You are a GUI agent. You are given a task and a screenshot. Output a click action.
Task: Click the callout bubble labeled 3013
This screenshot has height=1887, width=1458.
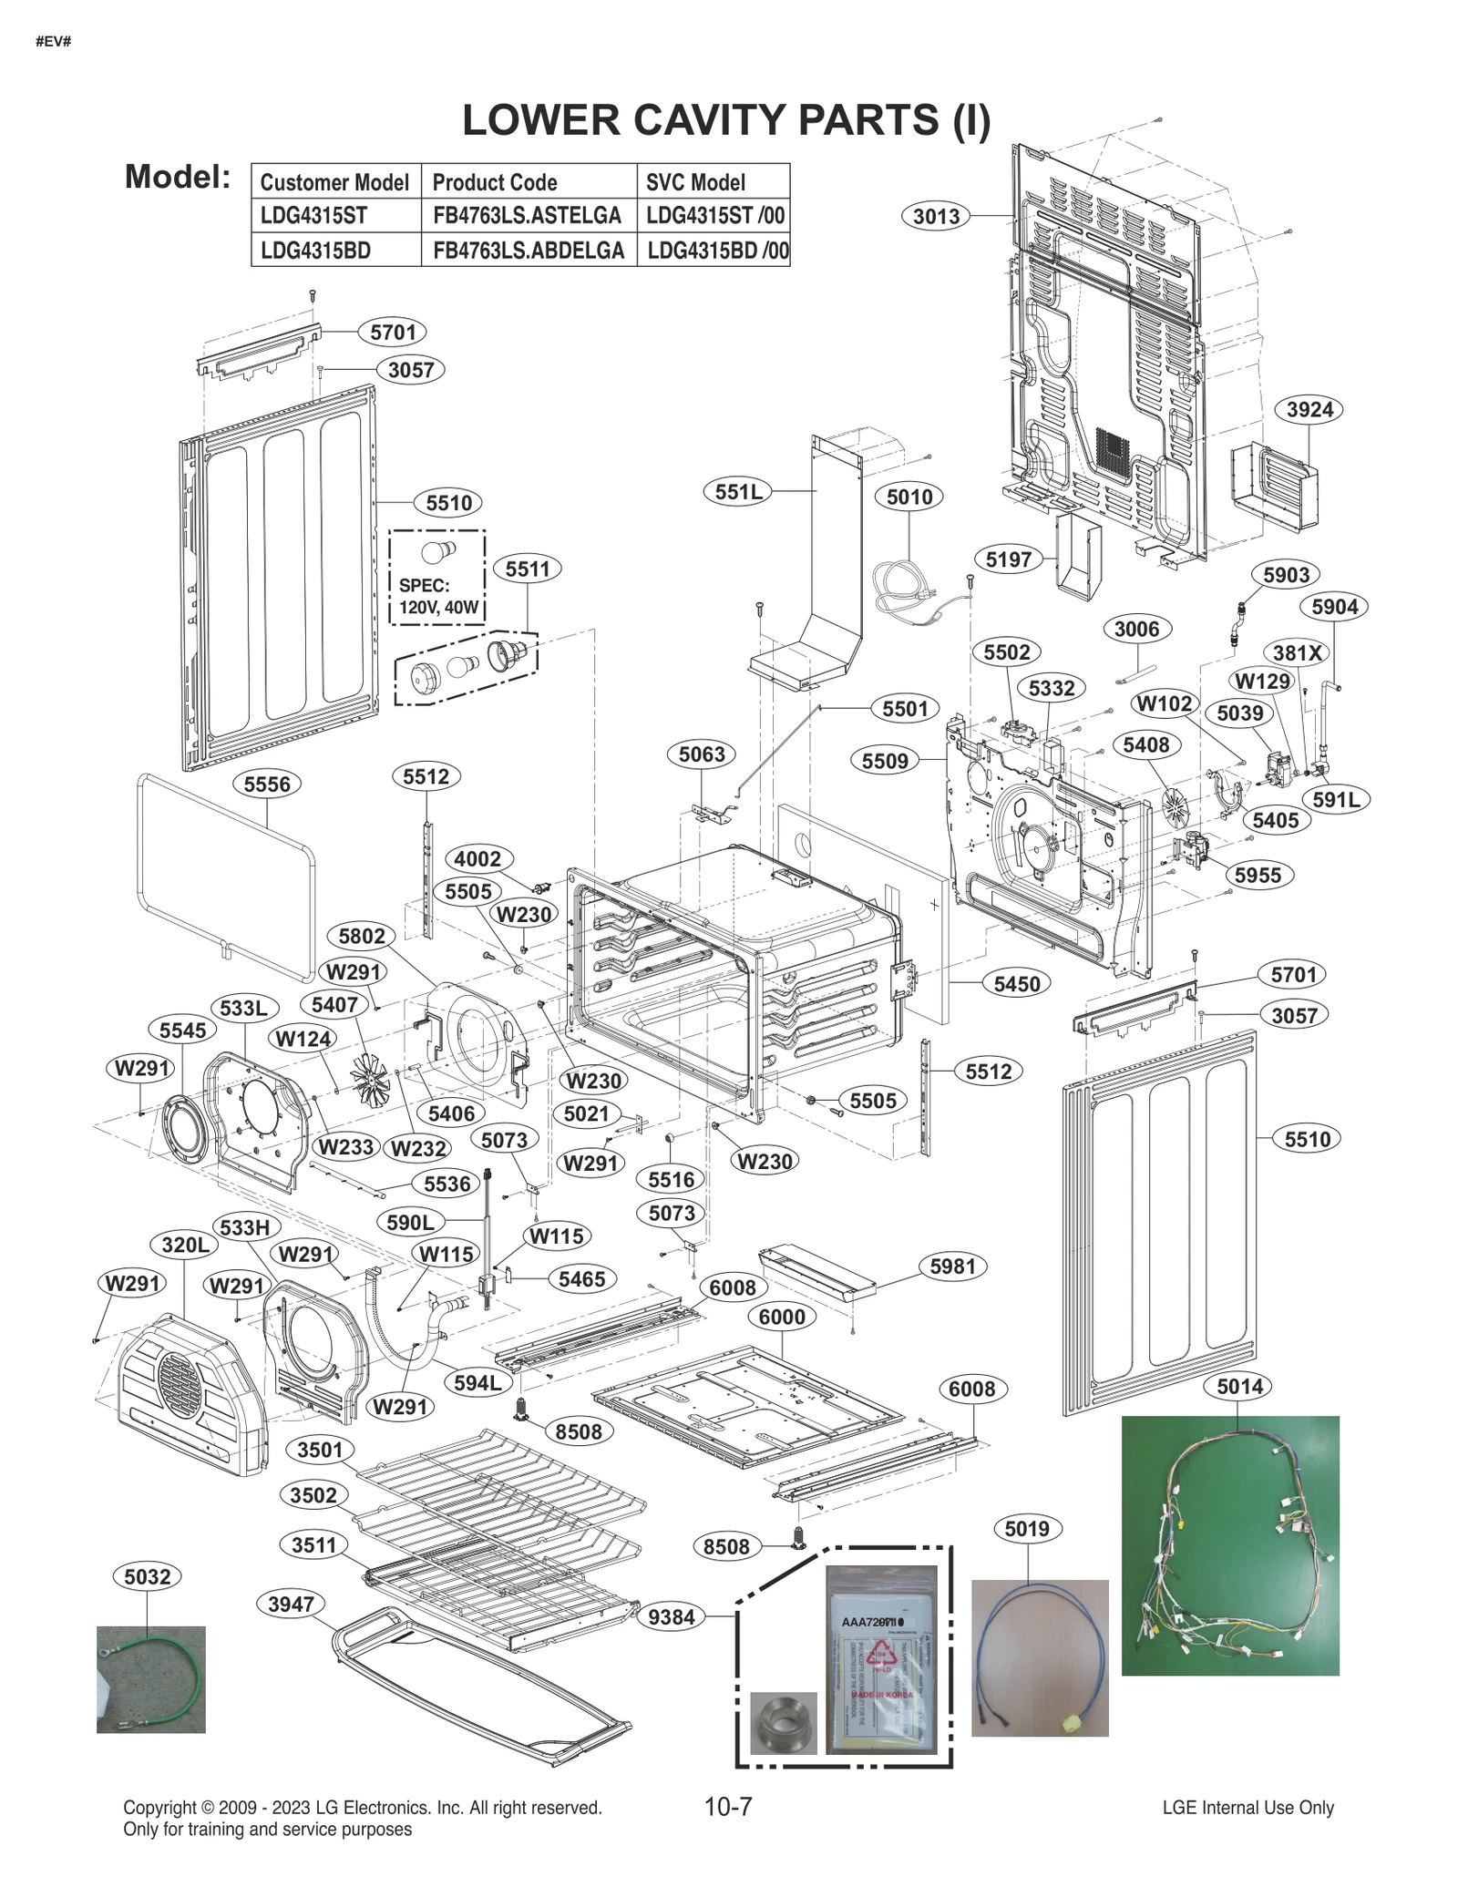[x=937, y=216]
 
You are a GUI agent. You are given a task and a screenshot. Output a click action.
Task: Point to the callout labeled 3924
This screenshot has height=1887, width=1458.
[x=1309, y=409]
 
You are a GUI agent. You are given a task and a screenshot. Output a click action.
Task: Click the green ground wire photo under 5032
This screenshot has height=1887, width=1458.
[x=150, y=1678]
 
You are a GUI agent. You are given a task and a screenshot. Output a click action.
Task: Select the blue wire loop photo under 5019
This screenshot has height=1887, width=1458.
[x=1039, y=1656]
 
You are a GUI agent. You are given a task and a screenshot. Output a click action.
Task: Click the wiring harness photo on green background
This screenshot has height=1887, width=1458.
[x=1229, y=1544]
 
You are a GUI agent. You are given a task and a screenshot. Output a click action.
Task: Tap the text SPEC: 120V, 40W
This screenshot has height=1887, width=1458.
[x=437, y=596]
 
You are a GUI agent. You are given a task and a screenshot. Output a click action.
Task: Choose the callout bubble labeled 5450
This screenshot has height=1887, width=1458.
[x=1016, y=983]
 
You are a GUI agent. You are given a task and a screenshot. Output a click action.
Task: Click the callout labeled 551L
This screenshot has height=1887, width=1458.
[x=737, y=492]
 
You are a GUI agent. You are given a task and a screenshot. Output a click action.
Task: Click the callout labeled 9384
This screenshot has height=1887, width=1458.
[x=672, y=1616]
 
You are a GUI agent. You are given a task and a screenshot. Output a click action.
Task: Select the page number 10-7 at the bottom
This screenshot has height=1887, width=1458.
[x=728, y=1806]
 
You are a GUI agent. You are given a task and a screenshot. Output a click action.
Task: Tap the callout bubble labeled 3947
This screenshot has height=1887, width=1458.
[x=291, y=1604]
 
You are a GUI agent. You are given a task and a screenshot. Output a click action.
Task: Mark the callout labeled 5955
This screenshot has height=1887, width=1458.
[x=1258, y=875]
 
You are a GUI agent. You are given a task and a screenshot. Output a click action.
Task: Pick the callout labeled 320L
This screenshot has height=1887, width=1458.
[x=185, y=1244]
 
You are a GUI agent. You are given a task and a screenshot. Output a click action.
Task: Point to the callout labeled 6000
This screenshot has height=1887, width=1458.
[x=782, y=1316]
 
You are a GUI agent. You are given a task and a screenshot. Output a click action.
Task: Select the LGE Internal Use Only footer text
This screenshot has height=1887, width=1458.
[x=1248, y=1807]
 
